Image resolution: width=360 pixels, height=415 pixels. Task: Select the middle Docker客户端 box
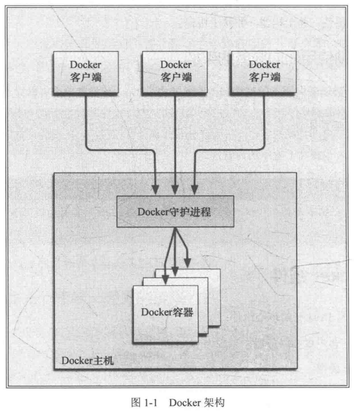[x=176, y=72]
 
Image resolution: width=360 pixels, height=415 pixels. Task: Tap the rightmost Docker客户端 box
[x=264, y=72]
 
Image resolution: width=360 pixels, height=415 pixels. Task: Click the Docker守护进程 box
[x=175, y=212]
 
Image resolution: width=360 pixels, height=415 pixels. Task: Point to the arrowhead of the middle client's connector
[x=175, y=188]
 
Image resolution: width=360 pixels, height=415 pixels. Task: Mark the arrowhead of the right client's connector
[x=194, y=188]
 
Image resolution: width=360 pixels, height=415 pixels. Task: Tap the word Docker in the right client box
[x=264, y=65]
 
